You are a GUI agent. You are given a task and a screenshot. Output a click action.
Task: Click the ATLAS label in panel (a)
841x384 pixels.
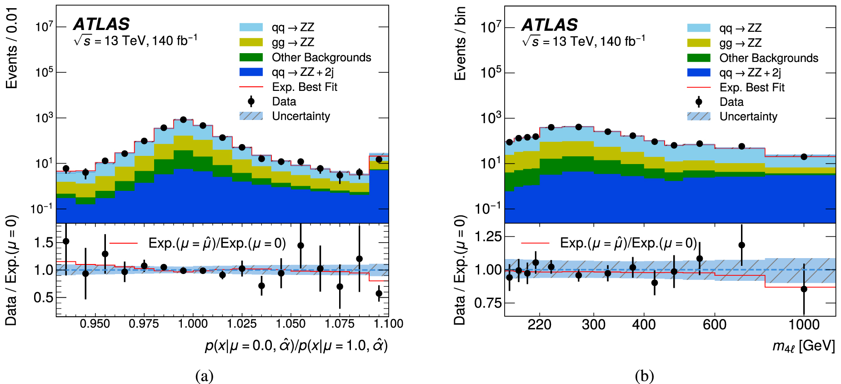pos(101,24)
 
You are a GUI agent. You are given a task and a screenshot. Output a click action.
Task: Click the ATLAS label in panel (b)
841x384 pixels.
pos(549,25)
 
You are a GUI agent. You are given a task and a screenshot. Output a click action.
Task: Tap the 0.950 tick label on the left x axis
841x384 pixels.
pos(95,324)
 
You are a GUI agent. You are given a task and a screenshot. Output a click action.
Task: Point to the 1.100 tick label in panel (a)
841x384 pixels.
pos(388,324)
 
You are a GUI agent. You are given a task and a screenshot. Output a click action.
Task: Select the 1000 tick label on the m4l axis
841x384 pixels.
pos(804,325)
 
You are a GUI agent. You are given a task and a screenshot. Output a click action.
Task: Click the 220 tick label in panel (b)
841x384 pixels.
pos(540,325)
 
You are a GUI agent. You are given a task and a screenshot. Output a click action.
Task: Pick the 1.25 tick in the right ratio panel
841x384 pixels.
pos(488,236)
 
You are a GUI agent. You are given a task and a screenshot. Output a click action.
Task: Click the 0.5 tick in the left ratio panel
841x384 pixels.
pos(44,298)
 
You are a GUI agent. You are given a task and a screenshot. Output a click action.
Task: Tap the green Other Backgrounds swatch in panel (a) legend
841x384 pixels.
pos(251,57)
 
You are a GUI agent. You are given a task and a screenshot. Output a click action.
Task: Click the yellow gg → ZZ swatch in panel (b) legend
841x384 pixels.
pos(699,43)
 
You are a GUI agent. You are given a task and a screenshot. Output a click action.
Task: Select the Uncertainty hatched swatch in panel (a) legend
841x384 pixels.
pos(251,116)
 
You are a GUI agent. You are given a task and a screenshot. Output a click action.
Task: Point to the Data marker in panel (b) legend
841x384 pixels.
pos(699,102)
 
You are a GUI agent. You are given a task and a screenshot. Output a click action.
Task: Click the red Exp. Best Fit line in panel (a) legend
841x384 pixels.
pos(251,87)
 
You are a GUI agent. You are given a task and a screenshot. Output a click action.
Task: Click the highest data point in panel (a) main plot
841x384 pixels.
pos(183,120)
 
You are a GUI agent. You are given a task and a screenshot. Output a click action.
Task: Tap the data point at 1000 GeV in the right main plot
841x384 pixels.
pos(804,157)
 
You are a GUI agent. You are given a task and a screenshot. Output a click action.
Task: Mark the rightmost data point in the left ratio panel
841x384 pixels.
pos(379,294)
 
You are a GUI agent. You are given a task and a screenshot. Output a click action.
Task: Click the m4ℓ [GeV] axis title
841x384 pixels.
pos(803,346)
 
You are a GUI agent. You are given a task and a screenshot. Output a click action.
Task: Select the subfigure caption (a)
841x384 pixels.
pos(204,376)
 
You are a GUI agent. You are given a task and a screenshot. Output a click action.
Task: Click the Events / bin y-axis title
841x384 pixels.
pos(460,44)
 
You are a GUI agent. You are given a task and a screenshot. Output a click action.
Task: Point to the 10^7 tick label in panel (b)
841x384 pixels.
pos(491,28)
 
